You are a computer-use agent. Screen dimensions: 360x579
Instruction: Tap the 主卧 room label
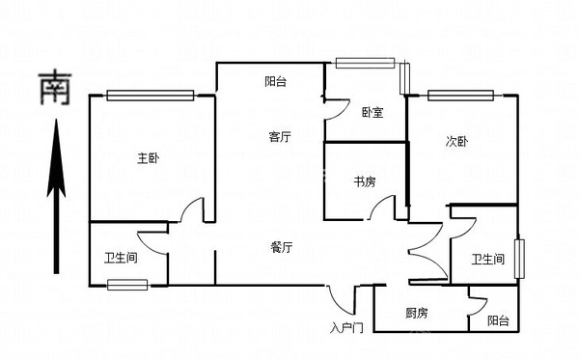click(148, 158)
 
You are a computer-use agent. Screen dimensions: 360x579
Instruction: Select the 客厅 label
click(280, 137)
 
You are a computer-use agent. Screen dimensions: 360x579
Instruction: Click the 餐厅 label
click(282, 247)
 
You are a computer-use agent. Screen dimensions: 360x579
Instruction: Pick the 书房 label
click(364, 180)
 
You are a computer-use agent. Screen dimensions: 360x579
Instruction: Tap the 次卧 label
click(456, 141)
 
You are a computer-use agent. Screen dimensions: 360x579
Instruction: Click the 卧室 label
click(372, 112)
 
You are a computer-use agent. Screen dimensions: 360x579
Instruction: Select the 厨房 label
click(417, 313)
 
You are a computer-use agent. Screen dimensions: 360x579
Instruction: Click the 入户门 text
click(345, 328)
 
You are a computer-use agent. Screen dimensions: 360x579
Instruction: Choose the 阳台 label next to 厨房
click(498, 320)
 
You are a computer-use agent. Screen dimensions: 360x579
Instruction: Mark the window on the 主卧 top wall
click(151, 95)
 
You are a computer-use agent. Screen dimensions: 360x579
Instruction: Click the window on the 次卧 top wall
click(460, 95)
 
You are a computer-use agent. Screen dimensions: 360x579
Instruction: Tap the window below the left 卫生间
click(127, 284)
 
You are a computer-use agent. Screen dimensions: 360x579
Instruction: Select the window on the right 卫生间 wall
click(520, 258)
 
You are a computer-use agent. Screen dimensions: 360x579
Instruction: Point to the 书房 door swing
click(385, 208)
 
